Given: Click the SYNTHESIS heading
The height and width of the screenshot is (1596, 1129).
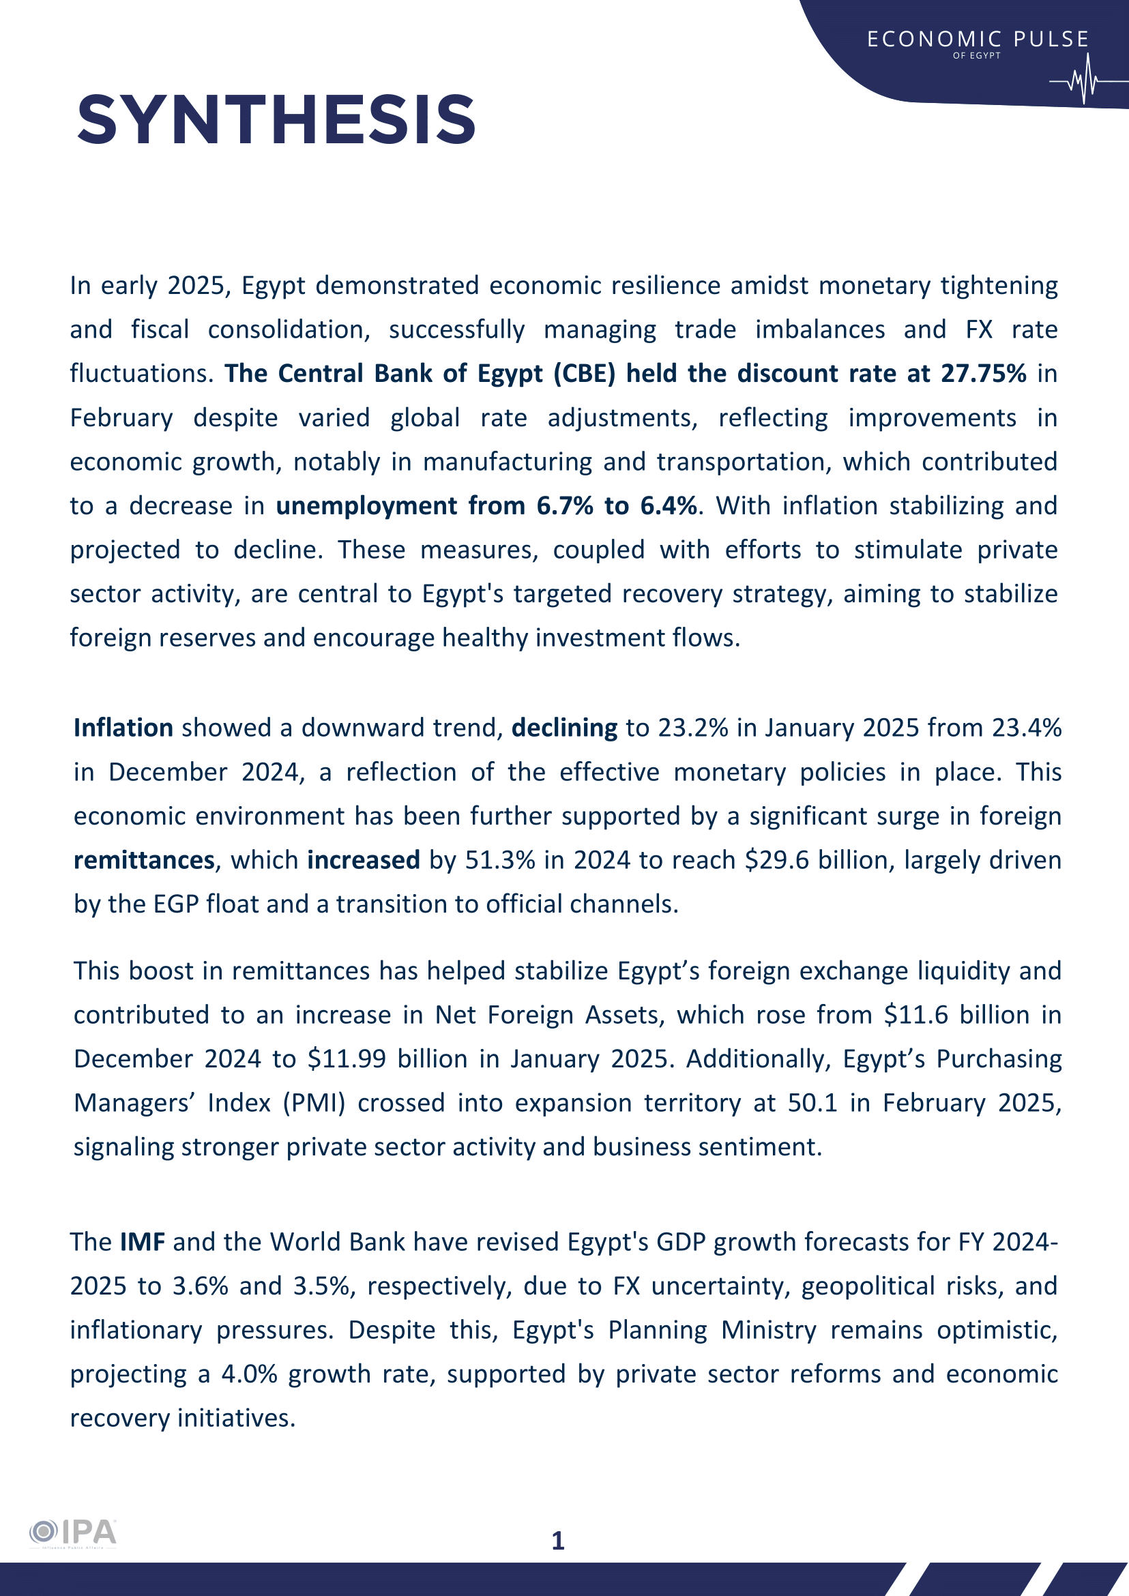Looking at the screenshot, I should [x=276, y=120].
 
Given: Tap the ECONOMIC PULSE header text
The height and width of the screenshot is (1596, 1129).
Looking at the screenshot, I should [x=978, y=40].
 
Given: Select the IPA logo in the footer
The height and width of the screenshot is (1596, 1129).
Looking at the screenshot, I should [x=73, y=1532].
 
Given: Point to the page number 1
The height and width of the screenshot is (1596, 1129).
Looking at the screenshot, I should [x=557, y=1541].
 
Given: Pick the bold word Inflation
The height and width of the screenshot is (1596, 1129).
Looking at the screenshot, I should [x=123, y=728].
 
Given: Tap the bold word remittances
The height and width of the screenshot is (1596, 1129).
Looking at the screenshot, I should [x=144, y=861].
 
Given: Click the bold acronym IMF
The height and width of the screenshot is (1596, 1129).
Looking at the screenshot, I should [x=143, y=1242].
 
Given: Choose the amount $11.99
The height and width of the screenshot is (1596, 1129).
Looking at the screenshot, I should [x=347, y=1059].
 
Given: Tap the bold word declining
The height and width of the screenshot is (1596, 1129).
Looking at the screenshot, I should [x=563, y=728].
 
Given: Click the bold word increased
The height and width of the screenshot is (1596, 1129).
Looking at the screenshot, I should [x=364, y=861].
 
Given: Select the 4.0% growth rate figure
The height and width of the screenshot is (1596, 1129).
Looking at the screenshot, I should [x=249, y=1374].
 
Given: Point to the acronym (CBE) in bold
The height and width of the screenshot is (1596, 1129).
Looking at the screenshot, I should [x=585, y=374].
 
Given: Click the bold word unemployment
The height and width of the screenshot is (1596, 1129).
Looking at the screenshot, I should [x=366, y=506].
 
